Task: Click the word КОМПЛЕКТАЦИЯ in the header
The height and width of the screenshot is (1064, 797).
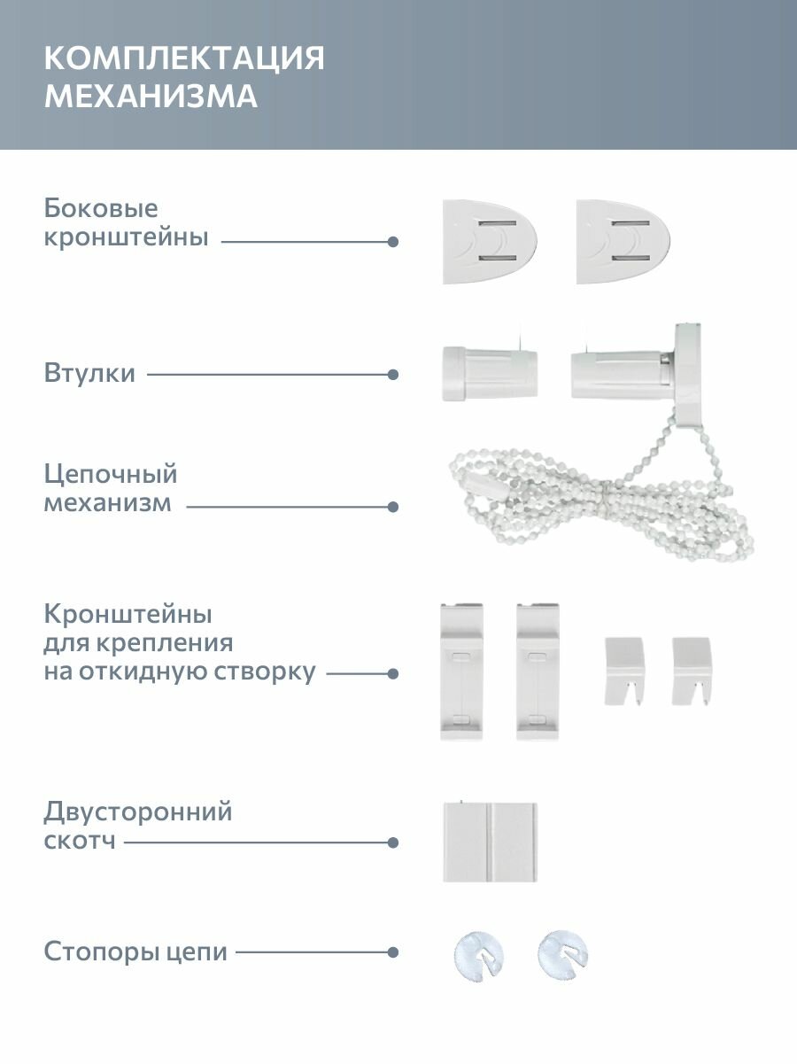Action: (x=184, y=58)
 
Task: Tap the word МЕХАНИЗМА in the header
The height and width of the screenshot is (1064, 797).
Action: (x=151, y=97)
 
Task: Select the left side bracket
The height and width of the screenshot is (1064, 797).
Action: (x=490, y=241)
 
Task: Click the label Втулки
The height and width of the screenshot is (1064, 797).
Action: (x=89, y=373)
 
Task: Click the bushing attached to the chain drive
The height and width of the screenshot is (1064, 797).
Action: (x=620, y=369)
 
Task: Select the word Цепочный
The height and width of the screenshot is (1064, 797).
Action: (x=111, y=474)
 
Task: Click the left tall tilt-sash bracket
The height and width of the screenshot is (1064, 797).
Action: (x=461, y=671)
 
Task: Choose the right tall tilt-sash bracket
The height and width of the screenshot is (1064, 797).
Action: (x=538, y=671)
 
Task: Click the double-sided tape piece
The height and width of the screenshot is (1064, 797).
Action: (x=490, y=842)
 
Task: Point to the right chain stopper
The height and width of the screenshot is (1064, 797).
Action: (x=563, y=953)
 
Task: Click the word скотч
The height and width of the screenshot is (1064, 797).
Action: (x=80, y=842)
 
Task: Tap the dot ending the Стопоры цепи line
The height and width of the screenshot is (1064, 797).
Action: (x=393, y=952)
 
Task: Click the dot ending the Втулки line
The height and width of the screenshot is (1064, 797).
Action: (x=393, y=374)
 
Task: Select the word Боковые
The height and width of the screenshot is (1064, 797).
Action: (x=101, y=209)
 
